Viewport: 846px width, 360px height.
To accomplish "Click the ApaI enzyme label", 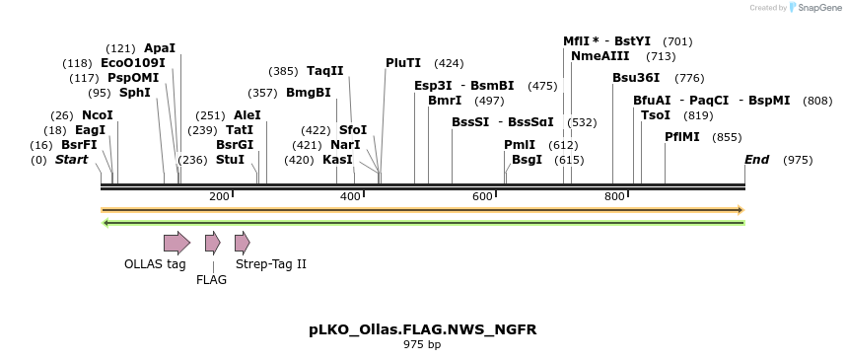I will click(x=160, y=47).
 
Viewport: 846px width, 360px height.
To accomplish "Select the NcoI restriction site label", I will click(x=98, y=115).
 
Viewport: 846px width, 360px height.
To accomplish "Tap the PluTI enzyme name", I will click(x=403, y=62).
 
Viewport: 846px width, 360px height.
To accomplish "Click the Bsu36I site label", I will click(x=636, y=77).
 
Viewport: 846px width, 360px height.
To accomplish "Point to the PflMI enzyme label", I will click(x=682, y=137).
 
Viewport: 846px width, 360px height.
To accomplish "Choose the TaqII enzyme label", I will click(x=325, y=71).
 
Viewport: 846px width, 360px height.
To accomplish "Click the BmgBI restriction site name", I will click(x=309, y=93).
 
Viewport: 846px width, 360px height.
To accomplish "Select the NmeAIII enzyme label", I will click(x=600, y=56).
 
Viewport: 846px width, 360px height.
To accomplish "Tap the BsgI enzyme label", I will click(x=527, y=160).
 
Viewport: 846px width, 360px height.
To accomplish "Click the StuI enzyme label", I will click(x=230, y=160).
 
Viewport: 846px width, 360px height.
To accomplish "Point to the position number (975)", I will click(x=798, y=160).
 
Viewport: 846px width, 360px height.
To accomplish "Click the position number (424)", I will click(x=449, y=62).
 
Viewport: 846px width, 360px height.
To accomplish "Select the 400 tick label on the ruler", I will click(x=351, y=197).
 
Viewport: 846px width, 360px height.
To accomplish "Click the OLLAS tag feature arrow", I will click(x=176, y=243).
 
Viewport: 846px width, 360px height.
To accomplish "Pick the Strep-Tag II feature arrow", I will click(x=243, y=243).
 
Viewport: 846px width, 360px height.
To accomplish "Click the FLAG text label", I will click(x=211, y=280).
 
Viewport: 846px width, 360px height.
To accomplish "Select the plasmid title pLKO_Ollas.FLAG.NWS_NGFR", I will click(x=422, y=329).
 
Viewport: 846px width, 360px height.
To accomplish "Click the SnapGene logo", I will click(x=814, y=8).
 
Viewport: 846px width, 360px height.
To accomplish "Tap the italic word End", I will click(x=756, y=160).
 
